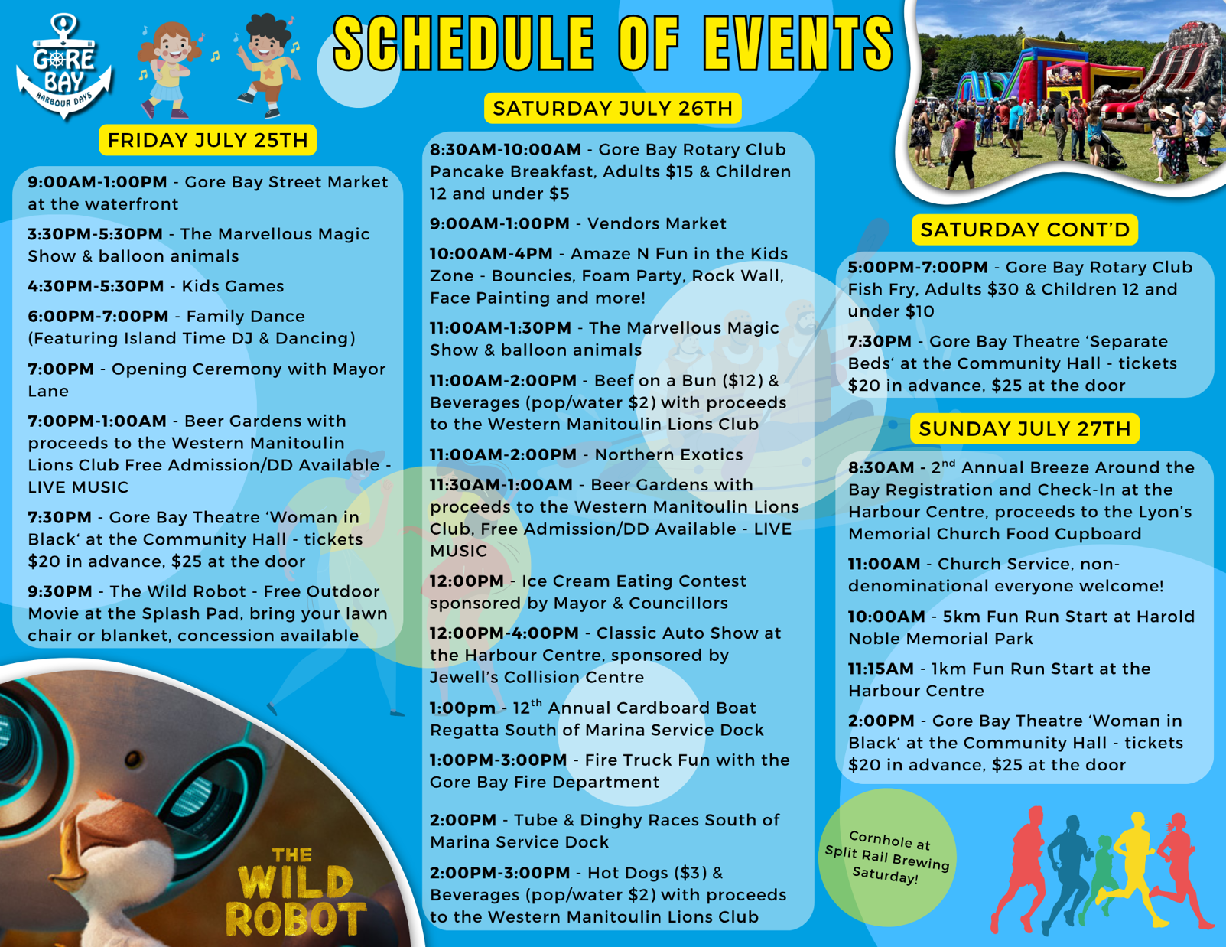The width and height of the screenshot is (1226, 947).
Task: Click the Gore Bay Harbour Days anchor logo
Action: (x=63, y=66)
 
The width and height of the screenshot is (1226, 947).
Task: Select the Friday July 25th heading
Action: (x=207, y=140)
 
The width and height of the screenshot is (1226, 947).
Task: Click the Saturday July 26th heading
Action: (x=613, y=108)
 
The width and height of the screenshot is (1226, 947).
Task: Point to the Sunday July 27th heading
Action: (x=1025, y=428)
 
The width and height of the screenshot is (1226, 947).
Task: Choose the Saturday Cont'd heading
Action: (x=1025, y=229)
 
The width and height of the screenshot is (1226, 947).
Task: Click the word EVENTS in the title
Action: (x=798, y=44)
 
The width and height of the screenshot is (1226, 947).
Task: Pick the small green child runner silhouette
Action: (x=1098, y=880)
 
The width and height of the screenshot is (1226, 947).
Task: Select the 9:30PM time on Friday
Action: (x=60, y=591)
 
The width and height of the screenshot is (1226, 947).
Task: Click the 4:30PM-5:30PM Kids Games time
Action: (x=96, y=286)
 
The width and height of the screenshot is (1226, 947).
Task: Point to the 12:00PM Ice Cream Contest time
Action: (x=467, y=581)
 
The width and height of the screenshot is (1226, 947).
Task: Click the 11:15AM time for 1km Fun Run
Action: (x=881, y=669)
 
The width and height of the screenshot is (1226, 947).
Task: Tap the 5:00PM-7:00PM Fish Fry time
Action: (x=918, y=267)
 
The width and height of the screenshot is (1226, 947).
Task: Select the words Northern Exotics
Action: (x=668, y=454)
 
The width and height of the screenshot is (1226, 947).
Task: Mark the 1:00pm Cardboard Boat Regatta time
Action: (x=463, y=708)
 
